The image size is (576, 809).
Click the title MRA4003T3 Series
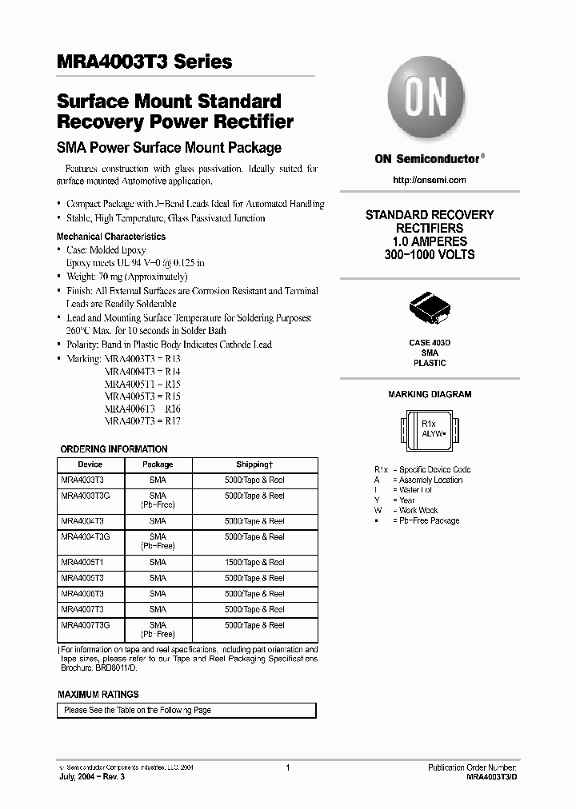point(145,62)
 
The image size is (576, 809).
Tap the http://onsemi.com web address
point(430,180)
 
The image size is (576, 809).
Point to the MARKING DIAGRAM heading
point(430,394)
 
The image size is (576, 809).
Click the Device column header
point(90,464)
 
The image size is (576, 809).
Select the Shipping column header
point(254,464)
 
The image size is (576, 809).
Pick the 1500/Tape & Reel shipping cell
point(254,562)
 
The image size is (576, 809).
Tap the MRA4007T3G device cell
point(85,625)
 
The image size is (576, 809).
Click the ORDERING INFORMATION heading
point(114,449)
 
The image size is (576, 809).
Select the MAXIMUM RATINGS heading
point(98,694)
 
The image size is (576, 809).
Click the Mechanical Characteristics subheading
point(111,237)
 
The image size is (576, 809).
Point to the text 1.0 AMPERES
point(430,241)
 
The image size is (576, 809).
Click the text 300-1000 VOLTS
point(430,254)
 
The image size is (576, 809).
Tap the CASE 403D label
point(430,342)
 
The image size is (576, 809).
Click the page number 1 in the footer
point(287,767)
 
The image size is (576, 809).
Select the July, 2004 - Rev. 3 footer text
point(92,776)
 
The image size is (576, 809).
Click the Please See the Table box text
point(138,710)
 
